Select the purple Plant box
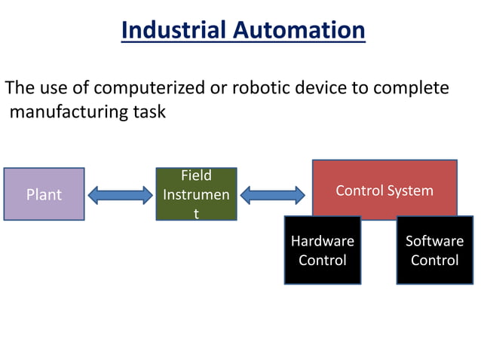44,194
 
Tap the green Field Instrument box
196,194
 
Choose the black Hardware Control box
322,251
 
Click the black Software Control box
434,251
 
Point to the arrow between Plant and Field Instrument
120,196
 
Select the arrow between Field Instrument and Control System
272,196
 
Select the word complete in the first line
412,88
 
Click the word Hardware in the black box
322,242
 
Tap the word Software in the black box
434,242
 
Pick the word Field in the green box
196,176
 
